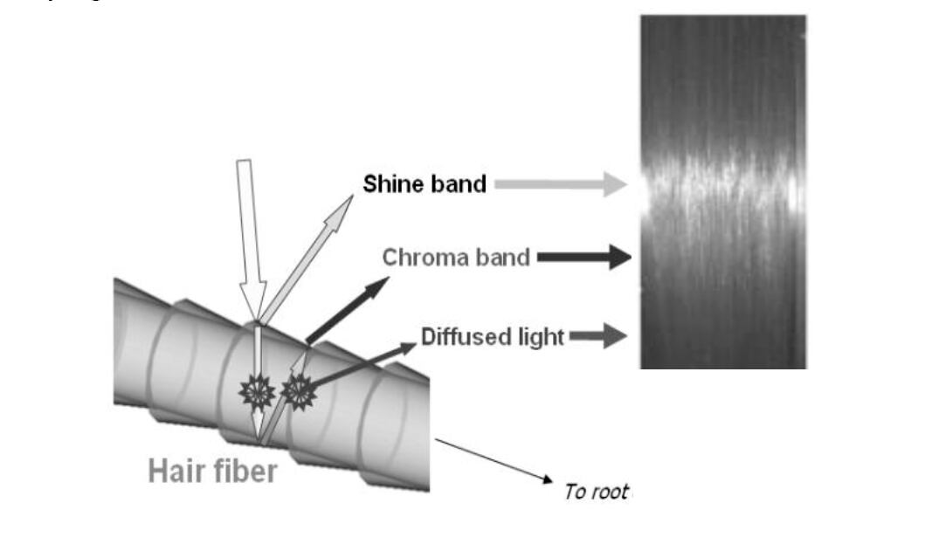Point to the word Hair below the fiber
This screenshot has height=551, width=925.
click(178, 472)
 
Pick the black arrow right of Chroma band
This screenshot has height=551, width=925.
click(583, 258)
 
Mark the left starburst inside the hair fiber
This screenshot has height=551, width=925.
click(257, 394)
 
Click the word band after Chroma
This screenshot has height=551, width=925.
click(502, 258)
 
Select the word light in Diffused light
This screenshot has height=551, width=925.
click(539, 337)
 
